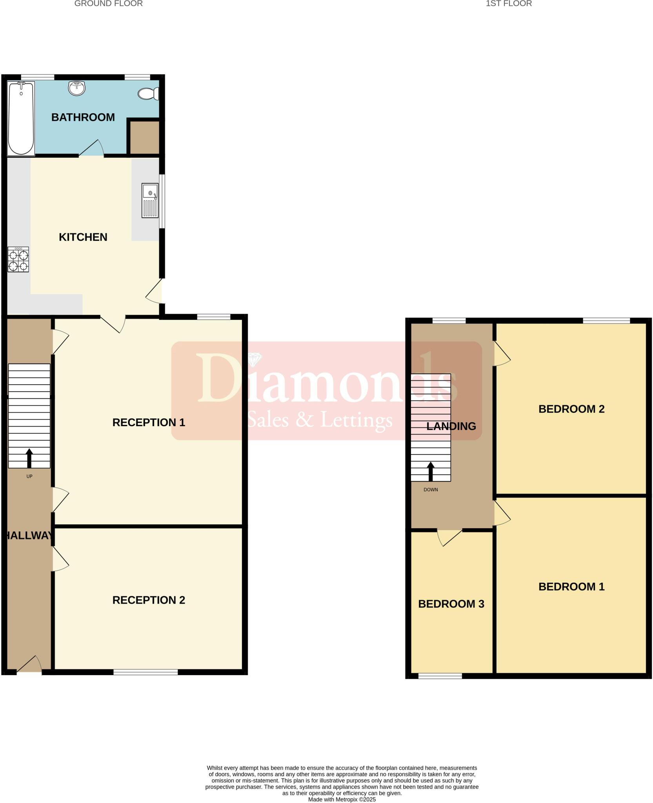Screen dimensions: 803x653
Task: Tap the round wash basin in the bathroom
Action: (76, 88)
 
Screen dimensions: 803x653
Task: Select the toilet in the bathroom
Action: (148, 94)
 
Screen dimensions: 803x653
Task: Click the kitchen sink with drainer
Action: (150, 200)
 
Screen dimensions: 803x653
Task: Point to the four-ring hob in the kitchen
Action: (18, 260)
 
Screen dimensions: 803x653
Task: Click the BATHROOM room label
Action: (83, 117)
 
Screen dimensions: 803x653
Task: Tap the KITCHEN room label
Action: (83, 237)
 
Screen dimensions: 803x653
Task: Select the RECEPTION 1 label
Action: (148, 422)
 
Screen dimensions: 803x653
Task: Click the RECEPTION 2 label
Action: (148, 600)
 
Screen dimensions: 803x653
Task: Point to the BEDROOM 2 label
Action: (571, 409)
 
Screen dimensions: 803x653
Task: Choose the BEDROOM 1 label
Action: (571, 587)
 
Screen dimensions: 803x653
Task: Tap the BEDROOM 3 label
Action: (451, 604)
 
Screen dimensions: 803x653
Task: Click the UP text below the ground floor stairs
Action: (29, 476)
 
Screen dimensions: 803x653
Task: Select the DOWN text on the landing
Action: (431, 490)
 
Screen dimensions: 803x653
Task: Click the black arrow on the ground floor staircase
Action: (29, 458)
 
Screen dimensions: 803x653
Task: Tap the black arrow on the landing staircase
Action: (431, 471)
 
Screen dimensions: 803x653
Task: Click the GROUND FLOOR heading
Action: (108, 4)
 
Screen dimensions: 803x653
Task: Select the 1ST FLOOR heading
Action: (508, 4)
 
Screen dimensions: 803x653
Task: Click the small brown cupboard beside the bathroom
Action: (144, 137)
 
